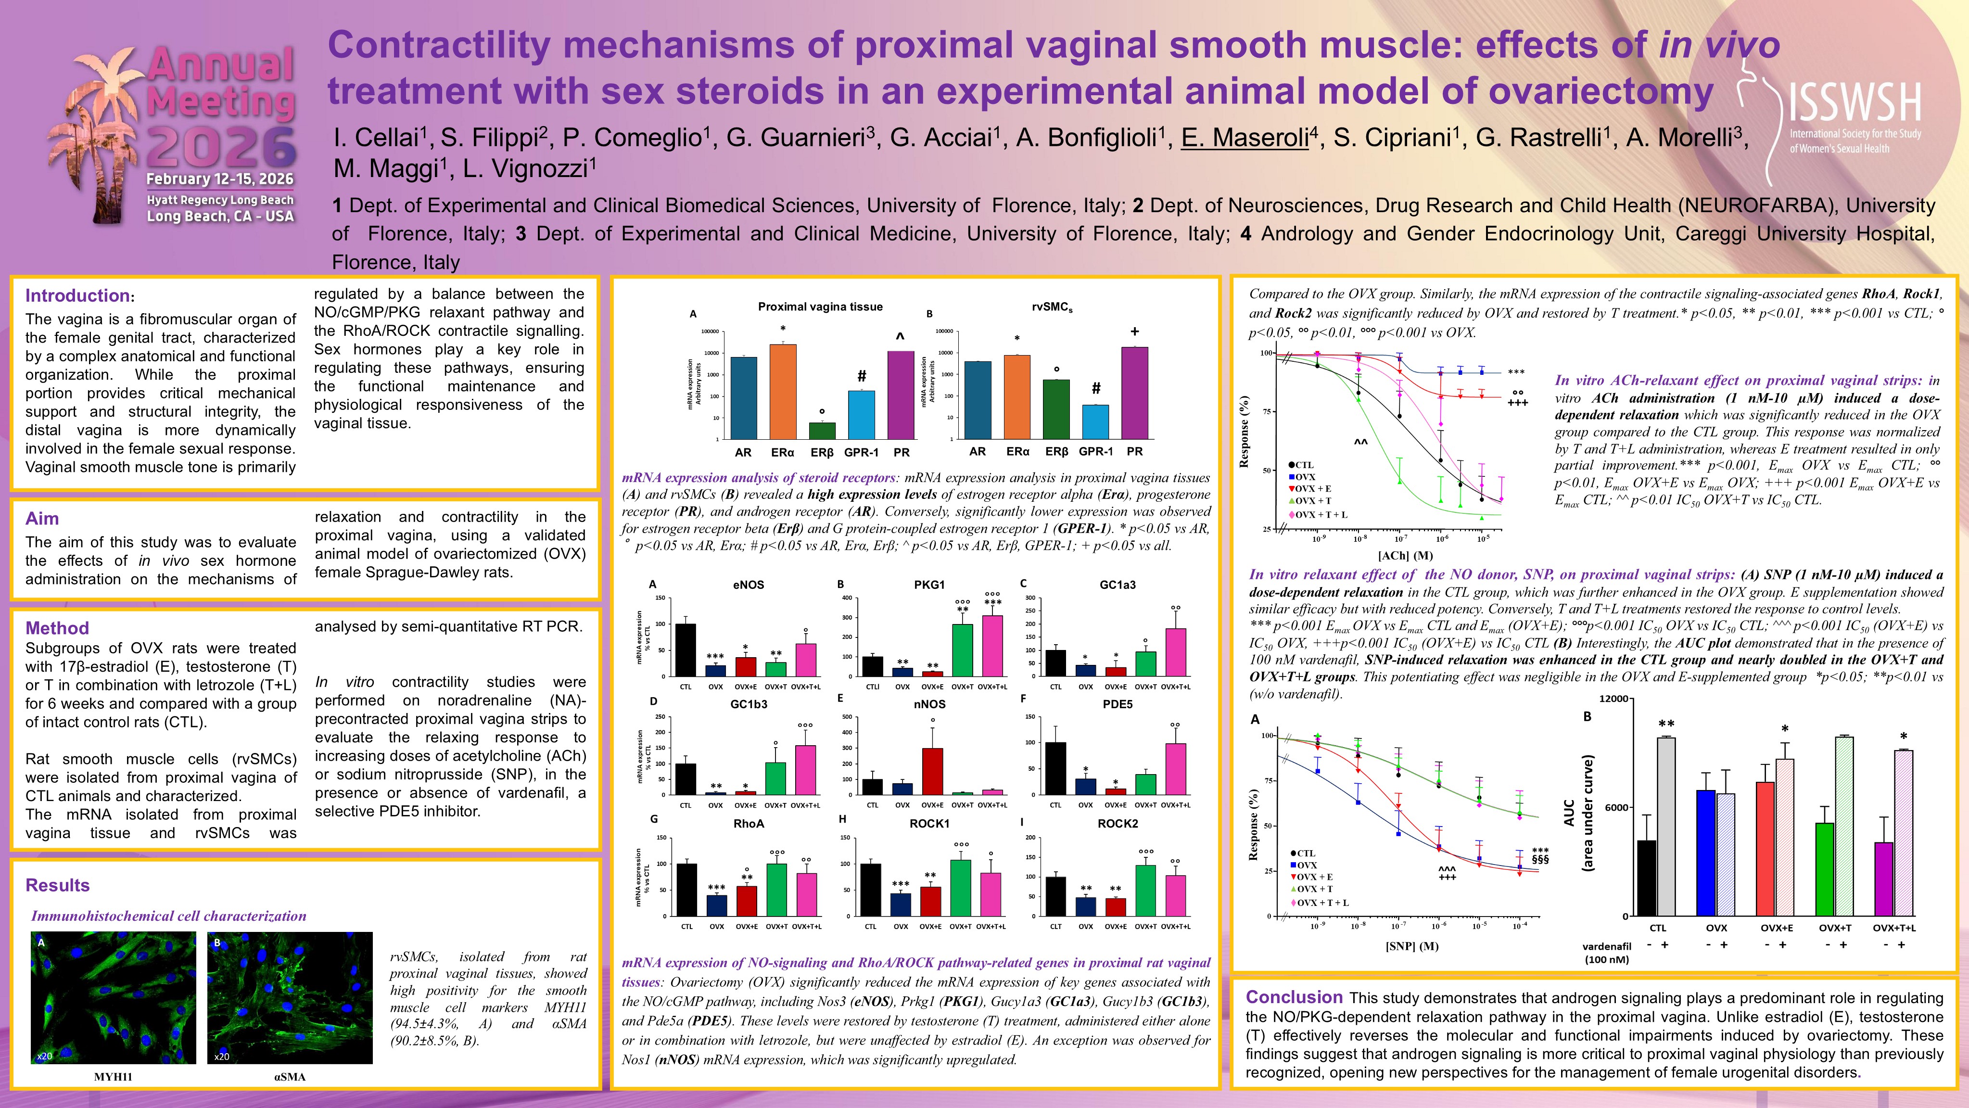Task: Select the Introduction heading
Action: click(x=77, y=296)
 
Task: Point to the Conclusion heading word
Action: click(x=1293, y=997)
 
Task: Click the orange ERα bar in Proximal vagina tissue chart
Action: click(x=783, y=391)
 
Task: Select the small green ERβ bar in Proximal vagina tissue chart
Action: click(x=823, y=431)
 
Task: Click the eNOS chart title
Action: click(x=749, y=585)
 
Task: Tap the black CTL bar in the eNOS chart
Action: click(x=686, y=650)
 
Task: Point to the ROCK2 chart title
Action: click(x=1118, y=824)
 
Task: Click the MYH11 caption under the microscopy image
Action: click(x=113, y=1077)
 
